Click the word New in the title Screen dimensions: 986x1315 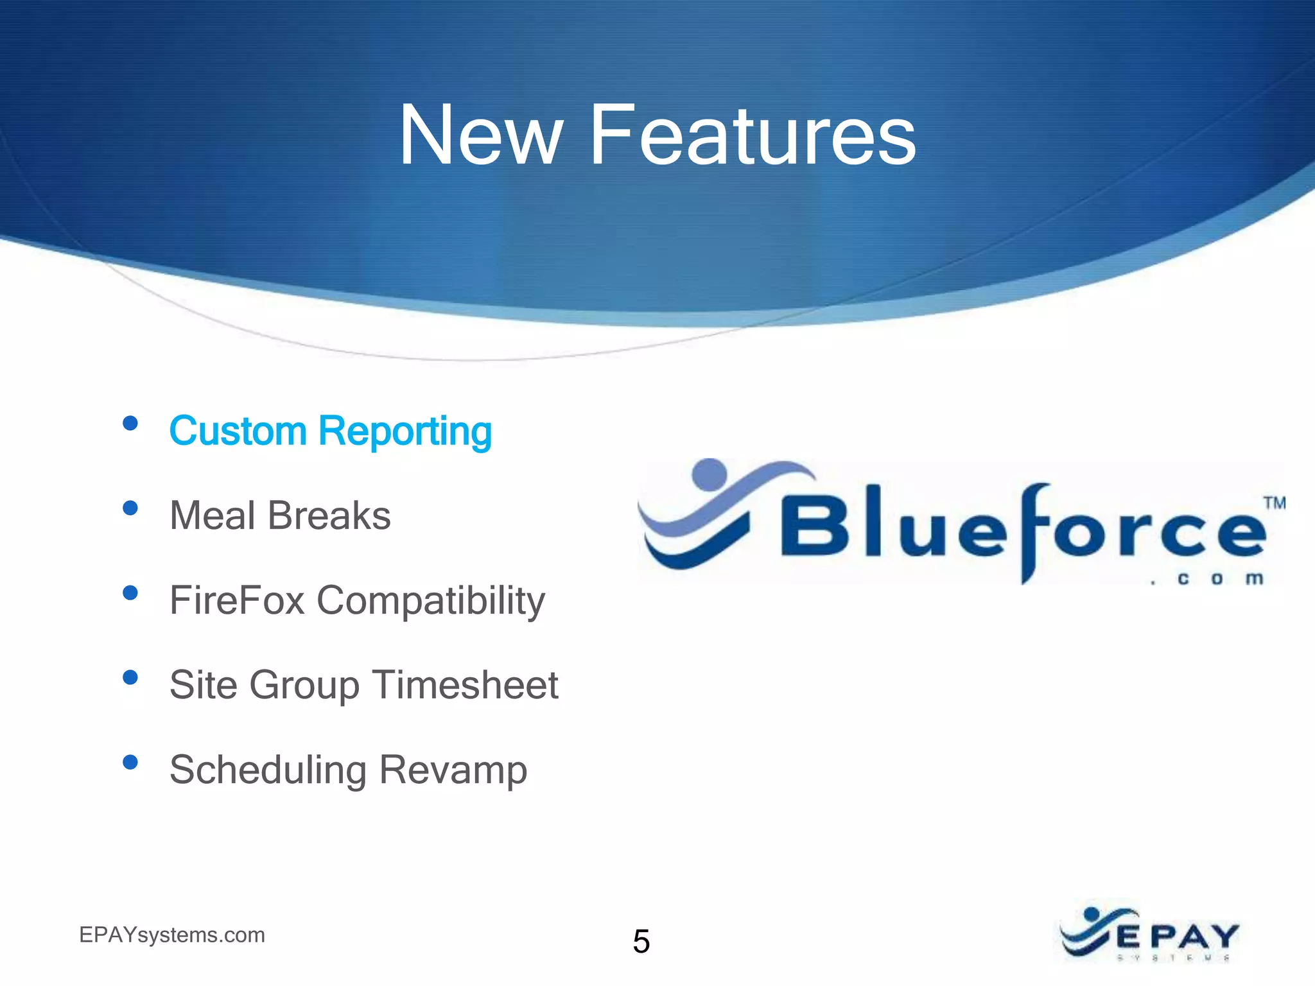480,136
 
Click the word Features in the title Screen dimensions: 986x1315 753,136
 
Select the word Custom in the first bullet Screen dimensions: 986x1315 238,431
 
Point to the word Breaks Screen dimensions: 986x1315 329,515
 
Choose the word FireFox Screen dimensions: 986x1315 237,600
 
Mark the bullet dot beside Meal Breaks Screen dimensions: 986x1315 130,508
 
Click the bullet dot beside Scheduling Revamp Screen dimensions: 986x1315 130,762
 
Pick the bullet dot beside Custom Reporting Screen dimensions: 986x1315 130,423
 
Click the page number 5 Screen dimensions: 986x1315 641,942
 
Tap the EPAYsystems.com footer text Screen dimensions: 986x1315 172,935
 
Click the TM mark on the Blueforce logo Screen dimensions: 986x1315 1275,503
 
